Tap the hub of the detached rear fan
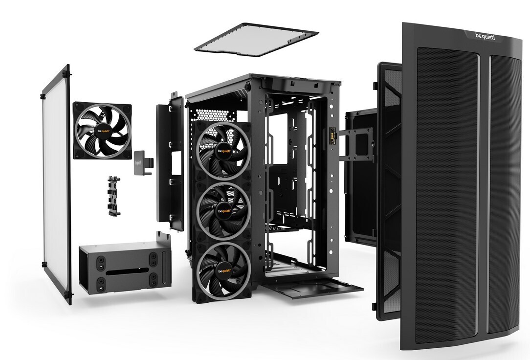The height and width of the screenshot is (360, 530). coord(102,131)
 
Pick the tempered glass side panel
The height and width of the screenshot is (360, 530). coord(56,184)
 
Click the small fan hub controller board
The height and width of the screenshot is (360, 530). coord(113,196)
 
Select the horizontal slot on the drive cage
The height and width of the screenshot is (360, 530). coord(127,271)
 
